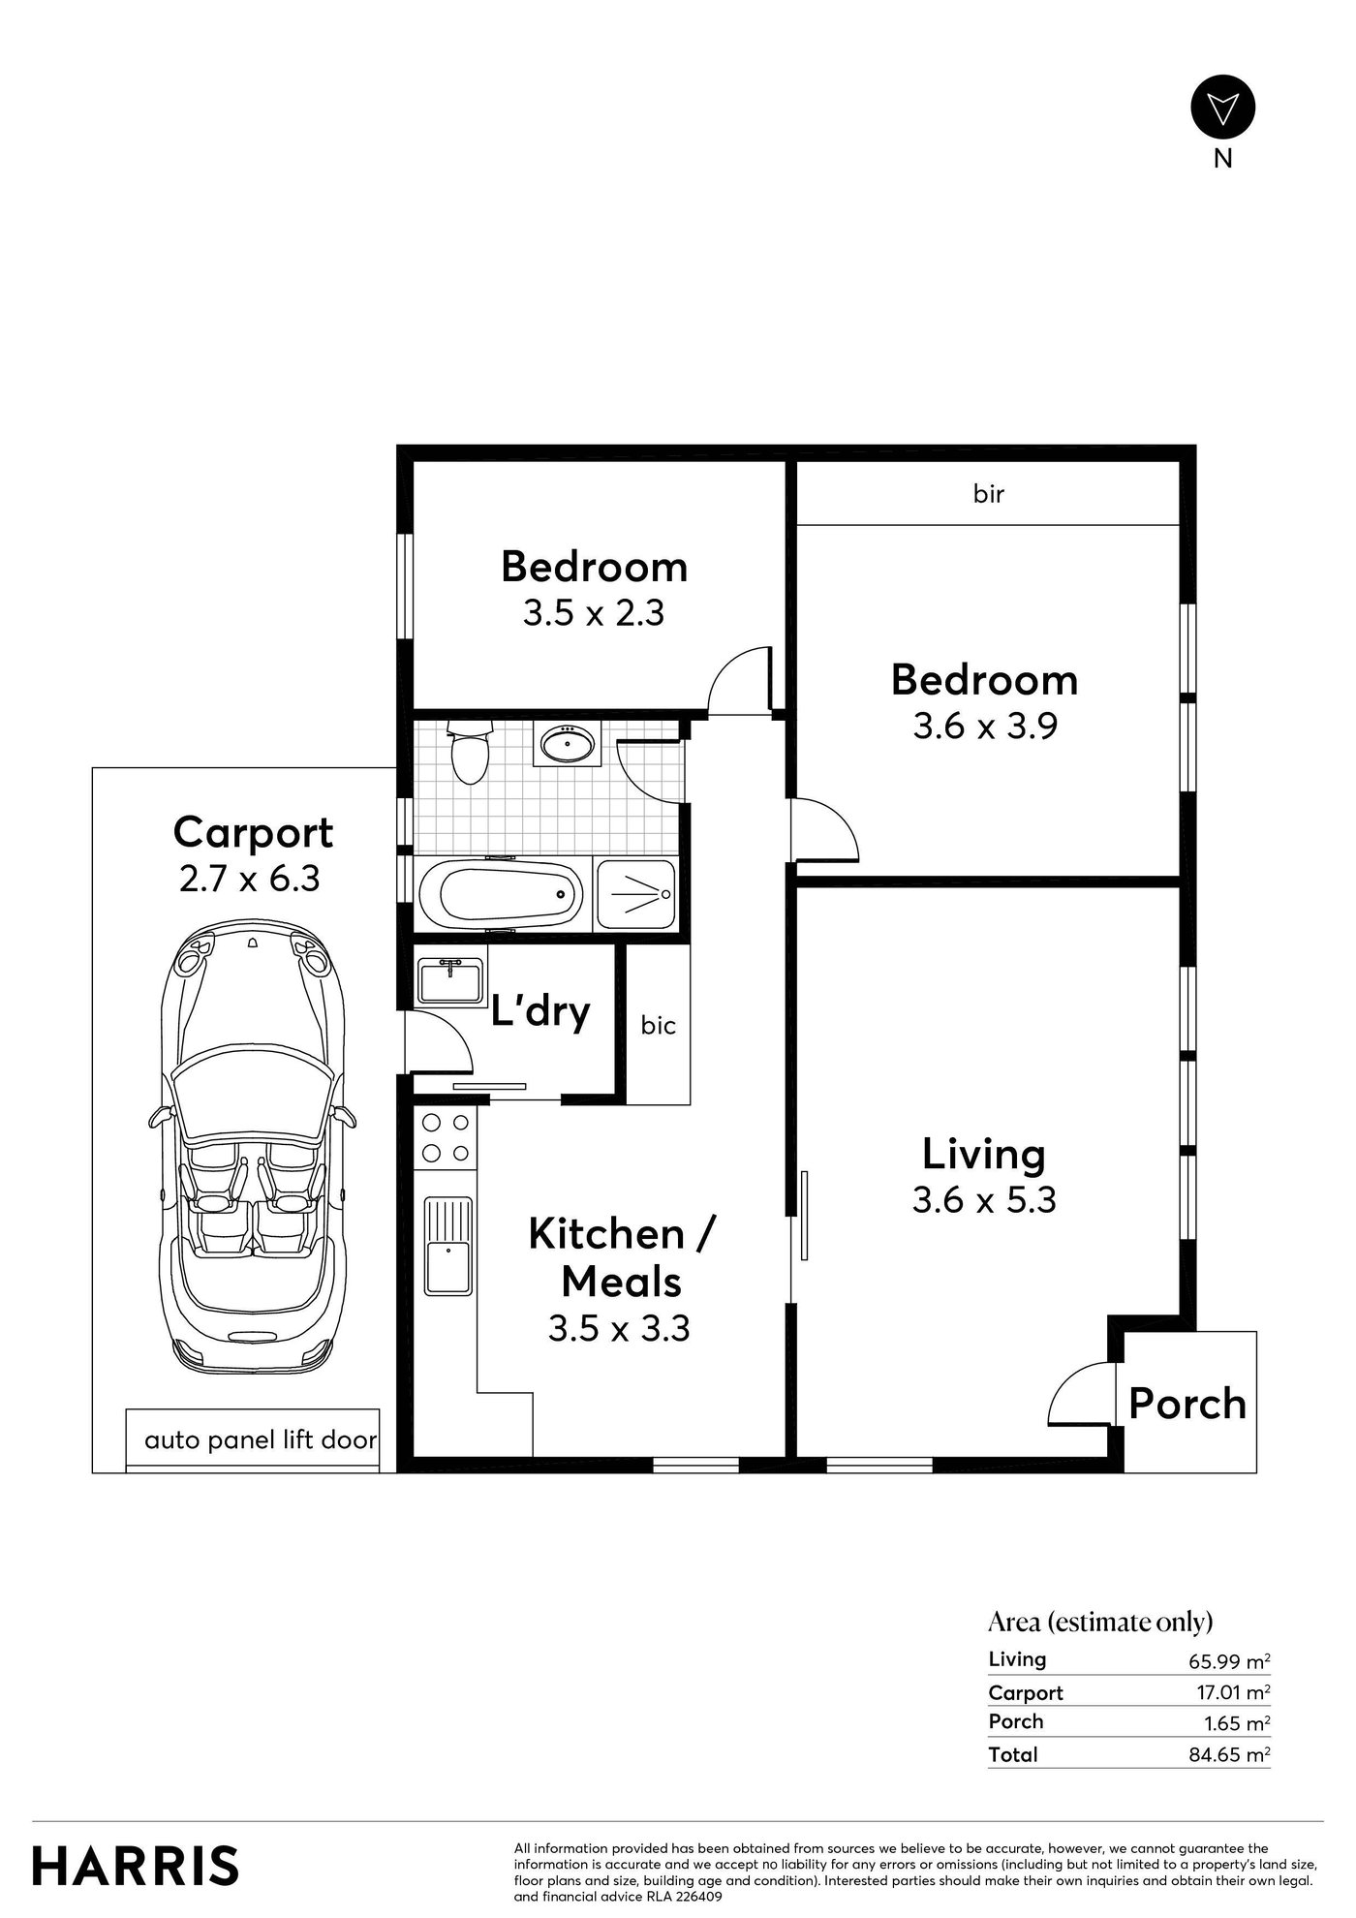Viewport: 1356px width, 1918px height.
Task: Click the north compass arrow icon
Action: tap(1222, 108)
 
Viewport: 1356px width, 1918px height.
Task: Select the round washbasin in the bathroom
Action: tap(568, 744)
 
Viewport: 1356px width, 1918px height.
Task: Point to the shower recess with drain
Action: tap(635, 895)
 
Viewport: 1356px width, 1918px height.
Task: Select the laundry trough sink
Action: tap(450, 980)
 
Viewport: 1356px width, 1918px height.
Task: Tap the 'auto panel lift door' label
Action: tap(261, 1440)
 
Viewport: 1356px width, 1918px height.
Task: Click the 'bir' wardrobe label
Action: tap(989, 494)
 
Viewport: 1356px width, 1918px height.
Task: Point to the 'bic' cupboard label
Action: tap(659, 1025)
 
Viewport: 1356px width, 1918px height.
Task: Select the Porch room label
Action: tap(1187, 1404)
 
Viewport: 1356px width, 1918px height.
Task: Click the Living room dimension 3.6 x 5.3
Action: tap(984, 1201)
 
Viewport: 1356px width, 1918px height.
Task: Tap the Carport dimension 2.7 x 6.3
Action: tap(250, 879)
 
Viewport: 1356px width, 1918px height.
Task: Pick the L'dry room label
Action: tap(540, 1011)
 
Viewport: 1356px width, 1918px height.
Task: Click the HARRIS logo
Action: tap(136, 1866)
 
